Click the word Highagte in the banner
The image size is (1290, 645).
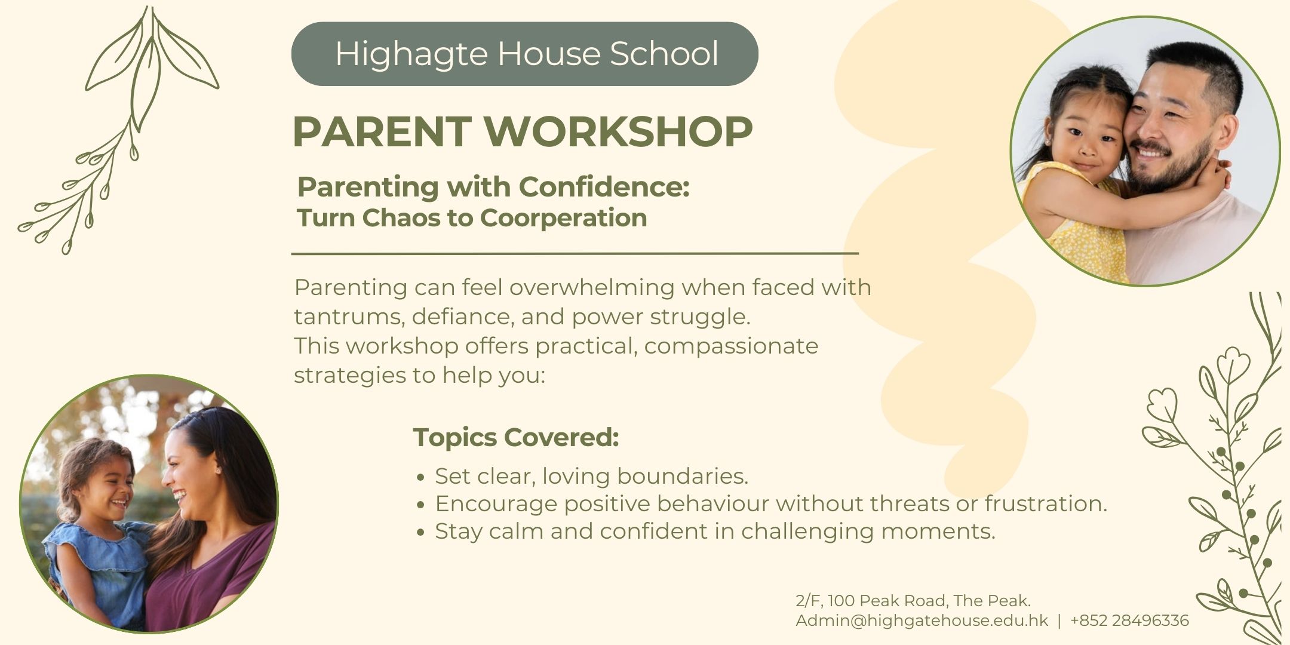411,54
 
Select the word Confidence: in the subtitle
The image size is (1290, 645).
604,186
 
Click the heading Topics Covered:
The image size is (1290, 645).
516,437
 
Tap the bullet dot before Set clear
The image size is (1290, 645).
421,477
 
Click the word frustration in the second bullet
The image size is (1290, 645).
1045,503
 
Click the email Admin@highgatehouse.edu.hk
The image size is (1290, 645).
922,621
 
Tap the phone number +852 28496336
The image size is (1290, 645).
1129,621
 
